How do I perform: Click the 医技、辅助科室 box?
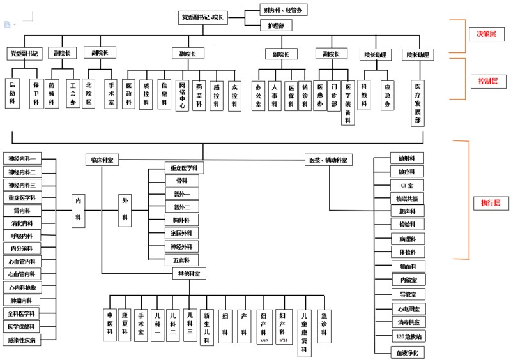pyautogui.click(x=328, y=160)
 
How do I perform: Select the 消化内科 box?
pyautogui.click(x=22, y=223)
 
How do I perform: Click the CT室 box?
pyautogui.click(x=408, y=185)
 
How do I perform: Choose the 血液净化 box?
pyautogui.click(x=408, y=352)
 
